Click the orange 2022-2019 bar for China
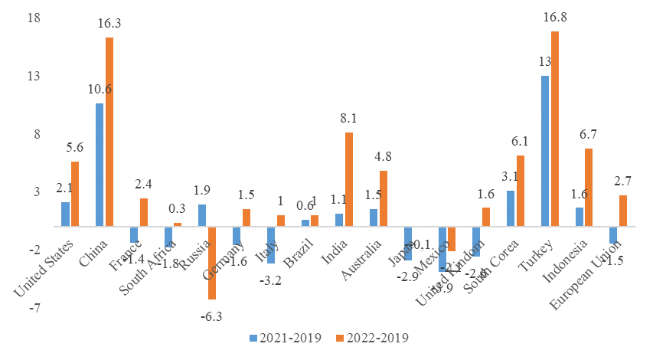(x=109, y=132)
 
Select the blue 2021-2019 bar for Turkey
(x=545, y=151)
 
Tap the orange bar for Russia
(x=212, y=263)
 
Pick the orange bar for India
(x=349, y=179)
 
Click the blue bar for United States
(x=66, y=214)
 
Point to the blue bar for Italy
(x=271, y=245)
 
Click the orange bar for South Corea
(x=521, y=191)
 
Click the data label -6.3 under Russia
(x=211, y=315)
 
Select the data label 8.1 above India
(x=349, y=119)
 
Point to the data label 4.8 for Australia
(x=384, y=157)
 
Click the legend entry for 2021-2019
(x=285, y=338)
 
